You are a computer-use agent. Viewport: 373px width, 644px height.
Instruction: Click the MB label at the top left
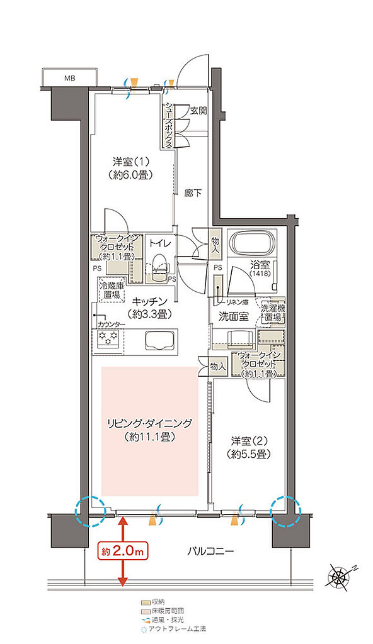coord(68,78)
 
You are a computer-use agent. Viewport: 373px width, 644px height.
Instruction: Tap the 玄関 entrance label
coord(198,111)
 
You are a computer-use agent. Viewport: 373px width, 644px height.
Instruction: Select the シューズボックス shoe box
coord(169,126)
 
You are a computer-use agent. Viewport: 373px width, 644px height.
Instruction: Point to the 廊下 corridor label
coord(193,193)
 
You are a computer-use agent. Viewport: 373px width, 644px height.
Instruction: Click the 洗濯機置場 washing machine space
coord(273,312)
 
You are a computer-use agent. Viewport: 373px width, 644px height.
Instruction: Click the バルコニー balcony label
coord(210,552)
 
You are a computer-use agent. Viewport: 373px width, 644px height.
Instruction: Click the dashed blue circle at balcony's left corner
coord(88,511)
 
